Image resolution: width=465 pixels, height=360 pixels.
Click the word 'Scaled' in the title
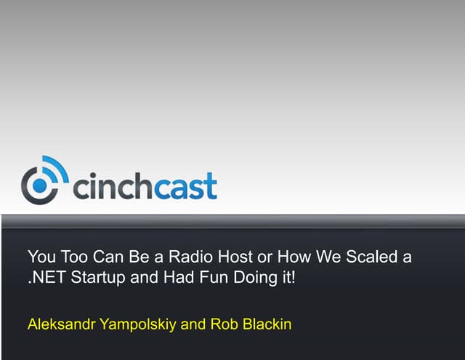click(372, 257)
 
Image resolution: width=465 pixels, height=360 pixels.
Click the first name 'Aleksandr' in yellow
click(59, 324)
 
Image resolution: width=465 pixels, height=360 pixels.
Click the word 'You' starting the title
click(41, 257)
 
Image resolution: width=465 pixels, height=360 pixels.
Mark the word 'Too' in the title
click(71, 257)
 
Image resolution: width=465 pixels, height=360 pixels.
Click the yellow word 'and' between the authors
click(193, 324)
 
